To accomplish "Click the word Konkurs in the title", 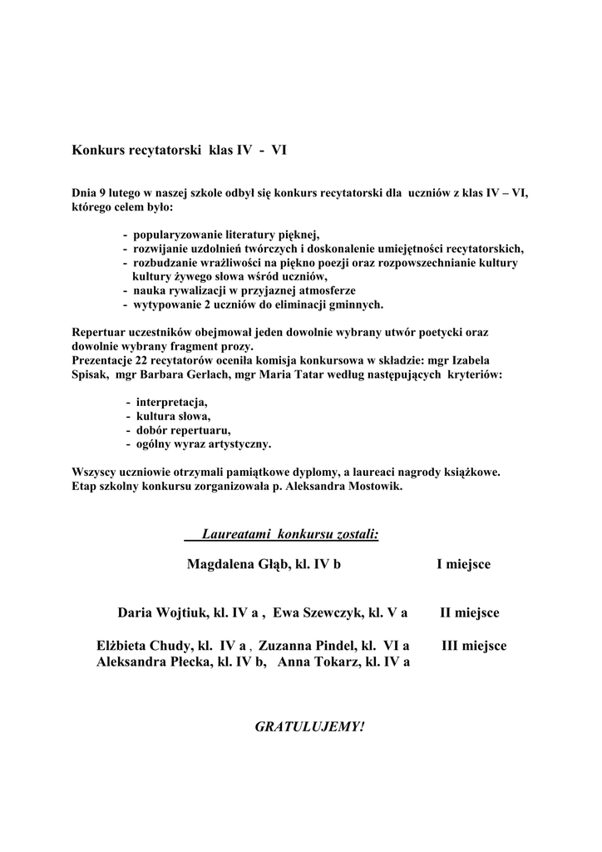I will point(98,151).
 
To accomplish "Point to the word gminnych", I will point(354,304).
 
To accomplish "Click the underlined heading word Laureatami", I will point(238,532).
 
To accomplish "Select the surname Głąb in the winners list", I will point(267,565).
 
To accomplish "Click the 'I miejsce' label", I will point(463,565).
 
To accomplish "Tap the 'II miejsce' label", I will point(469,613).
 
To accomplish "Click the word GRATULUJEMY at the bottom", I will point(308,726).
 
